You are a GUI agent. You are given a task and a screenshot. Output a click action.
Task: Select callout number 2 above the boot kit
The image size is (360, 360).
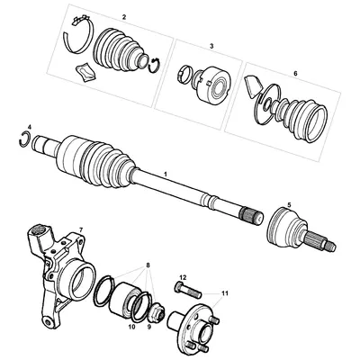click(123, 17)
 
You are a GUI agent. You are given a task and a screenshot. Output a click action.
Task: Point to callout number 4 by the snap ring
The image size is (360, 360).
click(29, 127)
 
